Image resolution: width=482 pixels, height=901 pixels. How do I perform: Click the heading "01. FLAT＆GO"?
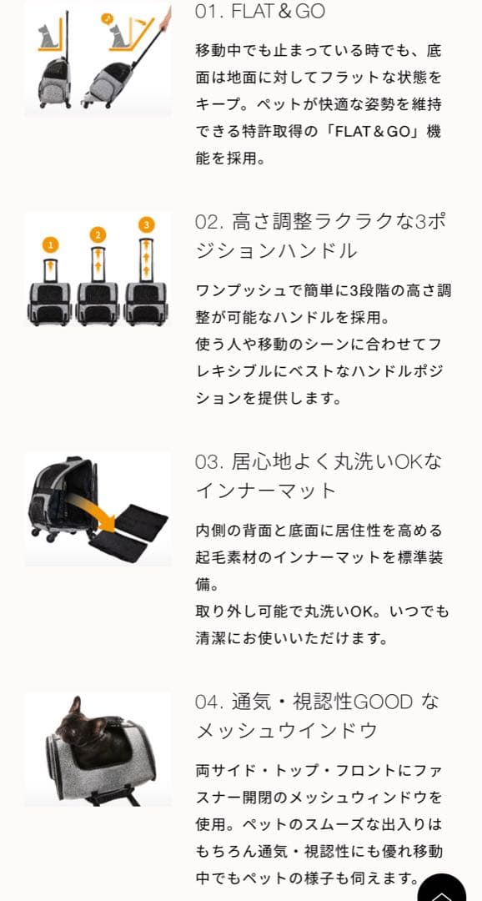tap(259, 12)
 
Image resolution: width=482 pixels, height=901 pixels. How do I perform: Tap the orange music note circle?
tap(107, 18)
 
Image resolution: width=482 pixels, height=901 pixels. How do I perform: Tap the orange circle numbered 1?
tap(52, 244)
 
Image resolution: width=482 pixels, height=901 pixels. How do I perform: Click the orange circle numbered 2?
tap(98, 234)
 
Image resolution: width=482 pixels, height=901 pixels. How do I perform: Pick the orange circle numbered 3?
tap(147, 224)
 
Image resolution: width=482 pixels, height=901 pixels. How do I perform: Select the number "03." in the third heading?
tap(208, 461)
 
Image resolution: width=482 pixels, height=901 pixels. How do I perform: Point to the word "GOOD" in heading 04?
tap(383, 702)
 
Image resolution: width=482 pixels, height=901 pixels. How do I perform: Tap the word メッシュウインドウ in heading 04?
tap(287, 731)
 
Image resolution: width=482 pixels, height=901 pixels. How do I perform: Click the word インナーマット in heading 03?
tap(265, 491)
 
